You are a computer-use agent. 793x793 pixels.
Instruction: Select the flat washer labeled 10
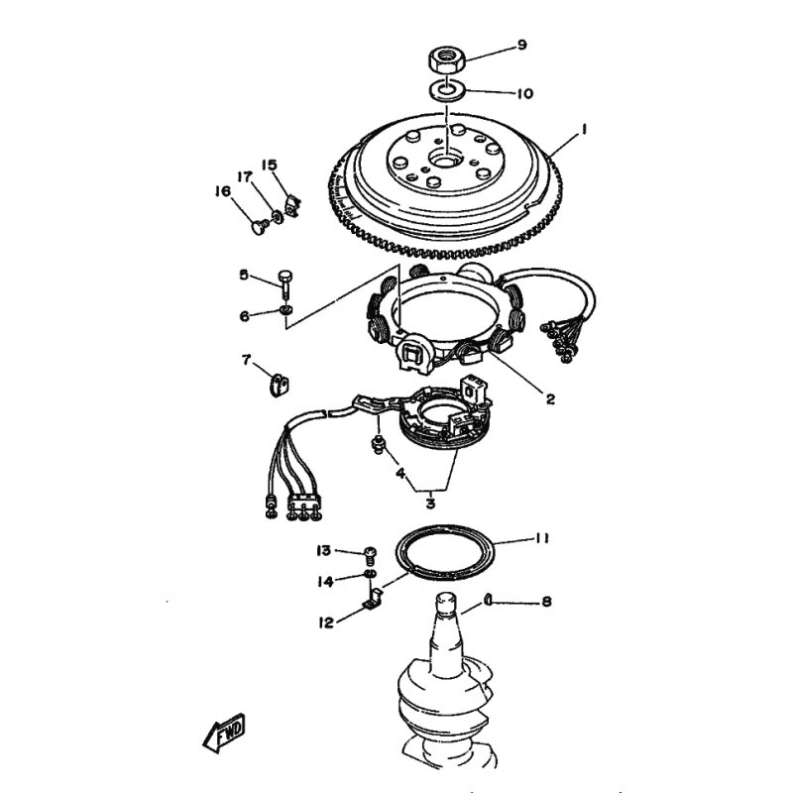(447, 90)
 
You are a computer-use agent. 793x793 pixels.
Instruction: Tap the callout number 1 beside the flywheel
(583, 130)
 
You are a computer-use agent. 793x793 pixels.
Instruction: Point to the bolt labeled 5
(285, 284)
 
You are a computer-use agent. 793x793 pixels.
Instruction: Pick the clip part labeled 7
(279, 386)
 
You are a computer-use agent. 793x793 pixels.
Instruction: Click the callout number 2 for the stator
(550, 399)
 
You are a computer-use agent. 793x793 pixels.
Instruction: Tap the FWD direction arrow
(225, 733)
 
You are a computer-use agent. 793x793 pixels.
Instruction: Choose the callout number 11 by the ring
(541, 539)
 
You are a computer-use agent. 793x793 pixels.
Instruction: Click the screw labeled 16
(261, 227)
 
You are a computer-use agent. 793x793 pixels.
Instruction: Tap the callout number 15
(270, 165)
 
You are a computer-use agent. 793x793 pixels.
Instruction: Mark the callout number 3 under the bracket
(430, 504)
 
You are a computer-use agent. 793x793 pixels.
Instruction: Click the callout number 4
(400, 474)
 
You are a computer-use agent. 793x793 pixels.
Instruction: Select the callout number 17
(245, 177)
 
